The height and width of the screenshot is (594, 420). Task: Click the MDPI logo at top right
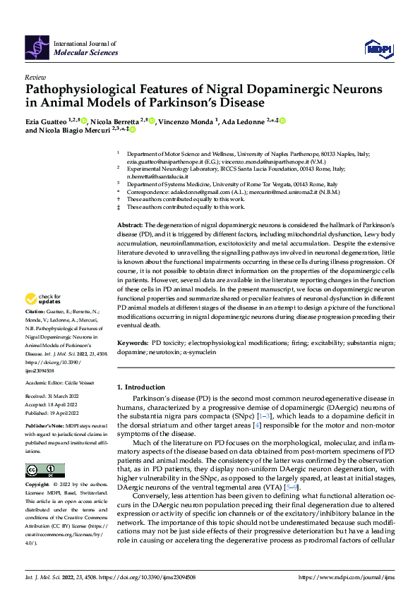click(378, 47)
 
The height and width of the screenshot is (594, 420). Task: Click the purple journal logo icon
click(37, 47)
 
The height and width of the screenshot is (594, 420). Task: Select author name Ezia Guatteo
click(47, 121)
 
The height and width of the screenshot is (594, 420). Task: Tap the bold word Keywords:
click(133, 342)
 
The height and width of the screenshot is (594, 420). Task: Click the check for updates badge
click(43, 319)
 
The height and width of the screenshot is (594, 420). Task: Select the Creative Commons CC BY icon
click(44, 471)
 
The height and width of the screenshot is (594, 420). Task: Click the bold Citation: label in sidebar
click(35, 330)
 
